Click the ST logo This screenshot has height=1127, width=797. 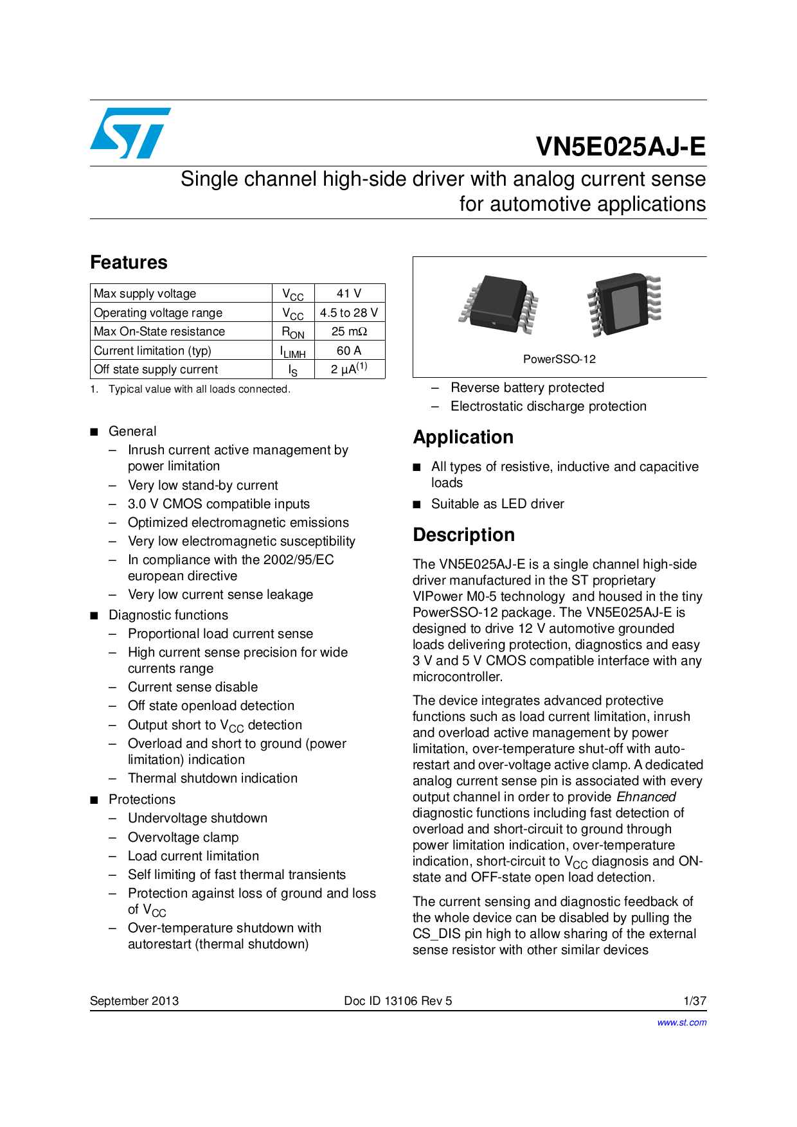(x=130, y=133)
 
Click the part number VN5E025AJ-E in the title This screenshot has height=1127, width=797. (x=620, y=147)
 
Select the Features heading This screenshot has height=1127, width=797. (x=129, y=262)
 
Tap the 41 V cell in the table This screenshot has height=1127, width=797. (x=349, y=294)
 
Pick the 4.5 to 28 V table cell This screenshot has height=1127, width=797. (x=349, y=313)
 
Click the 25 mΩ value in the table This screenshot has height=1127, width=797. (x=349, y=332)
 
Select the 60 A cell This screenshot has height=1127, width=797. (x=349, y=351)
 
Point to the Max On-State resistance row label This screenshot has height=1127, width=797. (x=159, y=332)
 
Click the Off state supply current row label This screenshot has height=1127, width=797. (x=156, y=369)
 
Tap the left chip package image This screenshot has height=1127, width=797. (x=499, y=305)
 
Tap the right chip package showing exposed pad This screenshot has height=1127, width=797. (x=623, y=304)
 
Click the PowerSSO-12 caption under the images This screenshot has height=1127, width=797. (x=559, y=359)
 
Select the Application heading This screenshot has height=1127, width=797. (x=463, y=437)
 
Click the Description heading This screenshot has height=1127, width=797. (x=463, y=535)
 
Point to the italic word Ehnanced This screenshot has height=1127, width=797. (x=646, y=797)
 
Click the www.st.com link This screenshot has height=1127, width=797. (x=681, y=1022)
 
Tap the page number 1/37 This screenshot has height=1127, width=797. (x=695, y=1000)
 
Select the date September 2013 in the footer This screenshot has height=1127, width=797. (x=134, y=1000)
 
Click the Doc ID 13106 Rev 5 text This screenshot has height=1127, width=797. (x=398, y=1000)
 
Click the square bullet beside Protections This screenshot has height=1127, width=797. (x=94, y=800)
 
